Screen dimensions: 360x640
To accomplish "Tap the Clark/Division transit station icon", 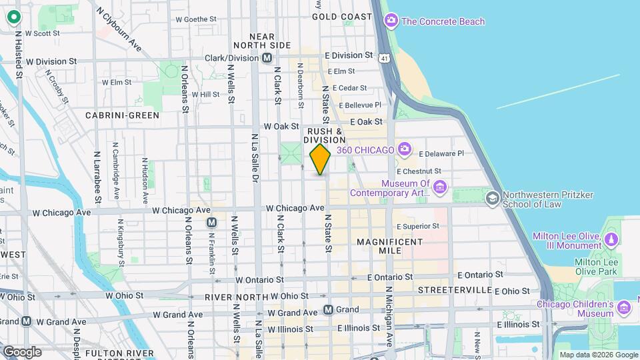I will (x=267, y=58).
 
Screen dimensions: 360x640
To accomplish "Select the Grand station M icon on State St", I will (x=328, y=309).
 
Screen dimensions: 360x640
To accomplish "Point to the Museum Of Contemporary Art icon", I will (x=439, y=187).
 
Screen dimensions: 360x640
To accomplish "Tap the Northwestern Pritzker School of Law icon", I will (x=492, y=198).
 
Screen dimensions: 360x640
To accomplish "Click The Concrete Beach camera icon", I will (x=391, y=21).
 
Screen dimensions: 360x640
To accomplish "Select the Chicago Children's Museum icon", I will (x=624, y=307).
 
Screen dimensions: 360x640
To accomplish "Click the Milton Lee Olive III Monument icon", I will (x=611, y=237).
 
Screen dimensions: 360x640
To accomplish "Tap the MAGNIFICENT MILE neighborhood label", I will (x=389, y=246).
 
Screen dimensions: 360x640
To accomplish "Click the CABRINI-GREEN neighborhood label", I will (x=123, y=115).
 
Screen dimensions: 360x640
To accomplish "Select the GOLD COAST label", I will (x=342, y=16).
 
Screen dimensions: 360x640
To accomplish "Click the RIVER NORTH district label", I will (x=235, y=297).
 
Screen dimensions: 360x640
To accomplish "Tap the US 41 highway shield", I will (x=385, y=59).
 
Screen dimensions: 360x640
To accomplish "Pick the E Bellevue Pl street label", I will (x=360, y=105).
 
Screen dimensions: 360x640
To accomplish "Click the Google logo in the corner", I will (x=22, y=351).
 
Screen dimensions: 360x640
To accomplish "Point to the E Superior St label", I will (x=418, y=226).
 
